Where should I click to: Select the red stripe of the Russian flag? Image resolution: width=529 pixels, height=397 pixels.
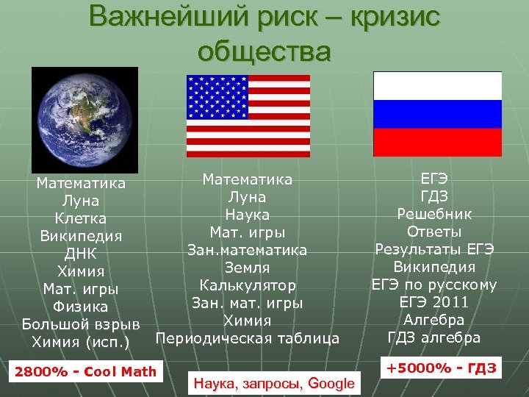pos(437,141)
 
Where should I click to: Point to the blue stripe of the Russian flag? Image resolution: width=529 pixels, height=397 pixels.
pos(437,113)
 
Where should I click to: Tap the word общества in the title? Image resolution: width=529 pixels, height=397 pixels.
pos(264,51)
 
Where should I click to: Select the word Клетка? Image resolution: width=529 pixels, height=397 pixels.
pos(81,218)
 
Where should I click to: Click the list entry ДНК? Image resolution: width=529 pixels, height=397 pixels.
pos(81,254)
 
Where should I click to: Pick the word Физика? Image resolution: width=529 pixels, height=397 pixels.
pos(81,307)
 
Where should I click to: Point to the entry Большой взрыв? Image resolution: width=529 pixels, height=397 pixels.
pos(81,324)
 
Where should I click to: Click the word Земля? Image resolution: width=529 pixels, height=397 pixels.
pos(248,268)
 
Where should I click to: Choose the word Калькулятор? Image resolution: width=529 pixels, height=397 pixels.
pos(248,285)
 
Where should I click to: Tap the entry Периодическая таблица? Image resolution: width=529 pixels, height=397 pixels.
pos(248,338)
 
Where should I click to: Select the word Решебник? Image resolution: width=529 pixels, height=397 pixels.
pos(435,214)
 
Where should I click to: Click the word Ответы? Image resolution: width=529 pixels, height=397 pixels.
pos(435,232)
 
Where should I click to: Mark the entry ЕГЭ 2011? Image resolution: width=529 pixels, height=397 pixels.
pos(435,302)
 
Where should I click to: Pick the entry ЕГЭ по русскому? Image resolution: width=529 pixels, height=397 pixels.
pos(435,285)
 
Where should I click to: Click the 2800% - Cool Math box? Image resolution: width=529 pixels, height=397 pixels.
pos(85,371)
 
